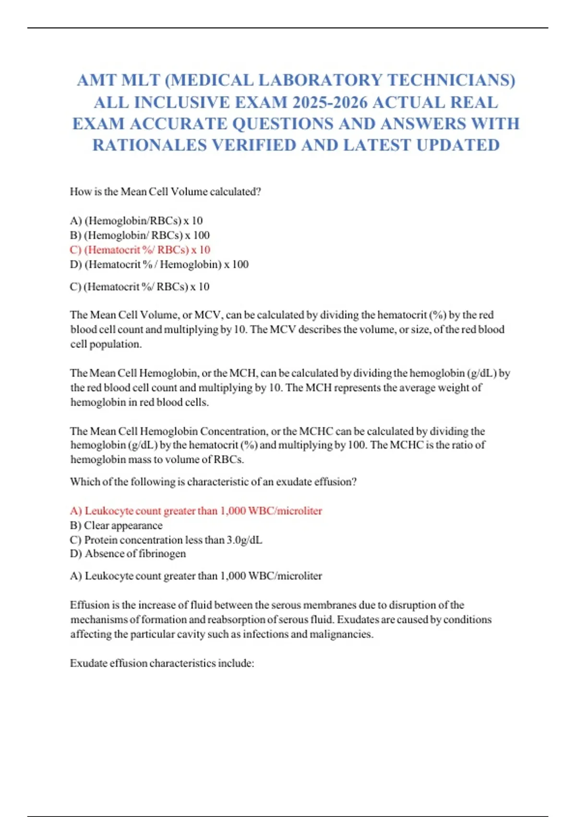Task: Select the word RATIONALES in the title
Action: [x=149, y=145]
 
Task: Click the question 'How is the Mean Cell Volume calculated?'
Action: [x=165, y=192]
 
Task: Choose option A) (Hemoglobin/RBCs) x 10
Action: [x=136, y=221]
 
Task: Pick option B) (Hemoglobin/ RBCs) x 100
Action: [x=140, y=235]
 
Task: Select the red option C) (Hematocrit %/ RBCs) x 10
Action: [x=140, y=250]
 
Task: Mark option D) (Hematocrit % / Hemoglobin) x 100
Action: [x=159, y=264]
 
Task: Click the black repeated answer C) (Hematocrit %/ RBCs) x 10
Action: [x=139, y=287]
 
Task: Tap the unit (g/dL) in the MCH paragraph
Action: [x=481, y=373]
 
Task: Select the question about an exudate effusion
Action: [x=213, y=482]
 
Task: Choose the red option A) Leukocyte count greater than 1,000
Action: [x=196, y=511]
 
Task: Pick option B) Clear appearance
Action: [x=116, y=525]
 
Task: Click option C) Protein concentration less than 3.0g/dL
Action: [x=166, y=540]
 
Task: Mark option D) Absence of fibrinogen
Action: [x=128, y=554]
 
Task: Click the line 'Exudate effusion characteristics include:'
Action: [x=162, y=663]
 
